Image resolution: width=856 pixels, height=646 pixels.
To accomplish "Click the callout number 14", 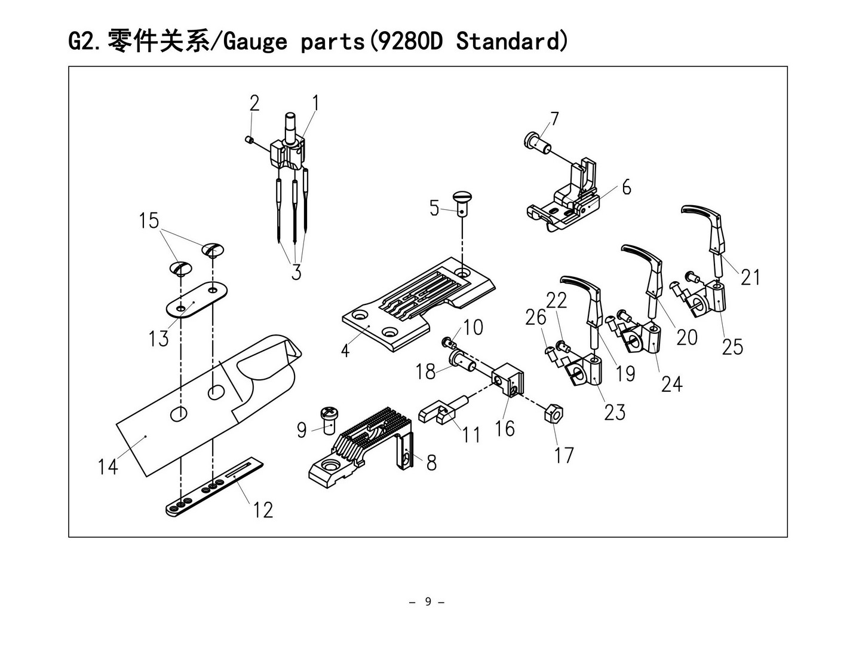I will point(108,466).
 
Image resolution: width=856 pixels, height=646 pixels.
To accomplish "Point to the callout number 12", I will point(262,510).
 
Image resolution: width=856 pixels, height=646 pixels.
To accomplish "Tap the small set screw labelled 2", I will point(250,140).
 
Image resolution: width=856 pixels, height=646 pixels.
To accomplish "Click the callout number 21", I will point(750,277).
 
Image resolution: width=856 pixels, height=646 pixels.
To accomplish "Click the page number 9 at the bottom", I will point(427,601).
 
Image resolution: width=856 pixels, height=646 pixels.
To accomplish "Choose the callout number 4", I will point(345,349).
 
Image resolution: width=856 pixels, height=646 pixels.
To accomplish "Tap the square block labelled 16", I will point(508,381).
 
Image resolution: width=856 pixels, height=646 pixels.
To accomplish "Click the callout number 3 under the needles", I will point(296,272).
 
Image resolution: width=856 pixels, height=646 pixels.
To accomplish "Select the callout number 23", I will point(614,412).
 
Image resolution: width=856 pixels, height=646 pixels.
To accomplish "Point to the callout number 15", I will point(149,220).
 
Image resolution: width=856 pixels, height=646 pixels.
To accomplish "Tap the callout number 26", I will point(535,316).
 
